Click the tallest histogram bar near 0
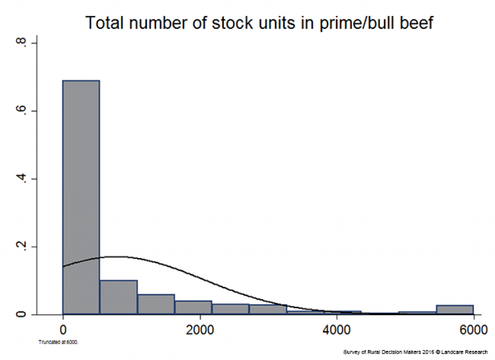[x=81, y=197]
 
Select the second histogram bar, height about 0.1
[x=119, y=297]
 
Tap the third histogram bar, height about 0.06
[x=156, y=304]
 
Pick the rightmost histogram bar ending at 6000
[x=455, y=310]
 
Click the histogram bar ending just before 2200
[x=193, y=307]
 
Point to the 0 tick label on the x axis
[x=63, y=330]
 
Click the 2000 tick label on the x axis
[x=200, y=330]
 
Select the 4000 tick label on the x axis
[x=336, y=330]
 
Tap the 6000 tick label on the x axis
[x=474, y=330]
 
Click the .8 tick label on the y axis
[x=21, y=42]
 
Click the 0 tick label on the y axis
[x=21, y=314]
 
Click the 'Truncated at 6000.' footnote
[x=58, y=342]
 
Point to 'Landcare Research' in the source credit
[x=465, y=352]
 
